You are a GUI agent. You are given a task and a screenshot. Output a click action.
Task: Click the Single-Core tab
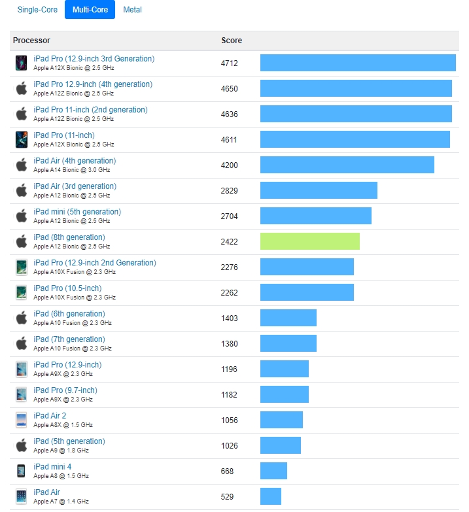(x=37, y=10)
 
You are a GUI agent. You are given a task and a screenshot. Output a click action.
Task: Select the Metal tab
(x=132, y=10)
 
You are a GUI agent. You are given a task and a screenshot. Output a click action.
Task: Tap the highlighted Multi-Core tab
(x=90, y=10)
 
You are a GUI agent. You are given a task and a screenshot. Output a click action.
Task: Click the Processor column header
(x=31, y=41)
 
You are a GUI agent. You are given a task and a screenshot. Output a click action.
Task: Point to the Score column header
(x=232, y=41)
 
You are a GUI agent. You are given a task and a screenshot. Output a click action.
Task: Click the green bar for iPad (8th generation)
(x=309, y=241)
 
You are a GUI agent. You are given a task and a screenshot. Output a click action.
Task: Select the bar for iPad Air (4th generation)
(x=347, y=165)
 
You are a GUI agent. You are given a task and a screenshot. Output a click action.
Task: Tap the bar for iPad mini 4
(x=273, y=471)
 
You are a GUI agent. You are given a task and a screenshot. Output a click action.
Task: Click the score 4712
(x=229, y=63)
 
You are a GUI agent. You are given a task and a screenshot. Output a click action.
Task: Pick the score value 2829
(x=229, y=190)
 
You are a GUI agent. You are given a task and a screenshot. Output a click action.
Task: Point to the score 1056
(x=229, y=420)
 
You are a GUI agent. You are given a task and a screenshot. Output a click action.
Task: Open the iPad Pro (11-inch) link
(x=64, y=135)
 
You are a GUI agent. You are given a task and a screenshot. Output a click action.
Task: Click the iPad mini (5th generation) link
(x=77, y=212)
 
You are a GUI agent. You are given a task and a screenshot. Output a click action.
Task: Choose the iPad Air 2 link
(x=50, y=416)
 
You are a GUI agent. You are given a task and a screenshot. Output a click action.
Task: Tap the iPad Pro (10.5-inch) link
(x=67, y=288)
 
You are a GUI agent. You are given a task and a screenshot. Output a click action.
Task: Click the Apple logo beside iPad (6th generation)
(x=22, y=318)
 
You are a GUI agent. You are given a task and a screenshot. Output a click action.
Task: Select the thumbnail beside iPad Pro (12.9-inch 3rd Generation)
(x=22, y=63)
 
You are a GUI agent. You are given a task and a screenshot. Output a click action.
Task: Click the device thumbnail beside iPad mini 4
(x=22, y=471)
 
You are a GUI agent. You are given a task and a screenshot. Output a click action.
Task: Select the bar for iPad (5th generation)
(x=280, y=445)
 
